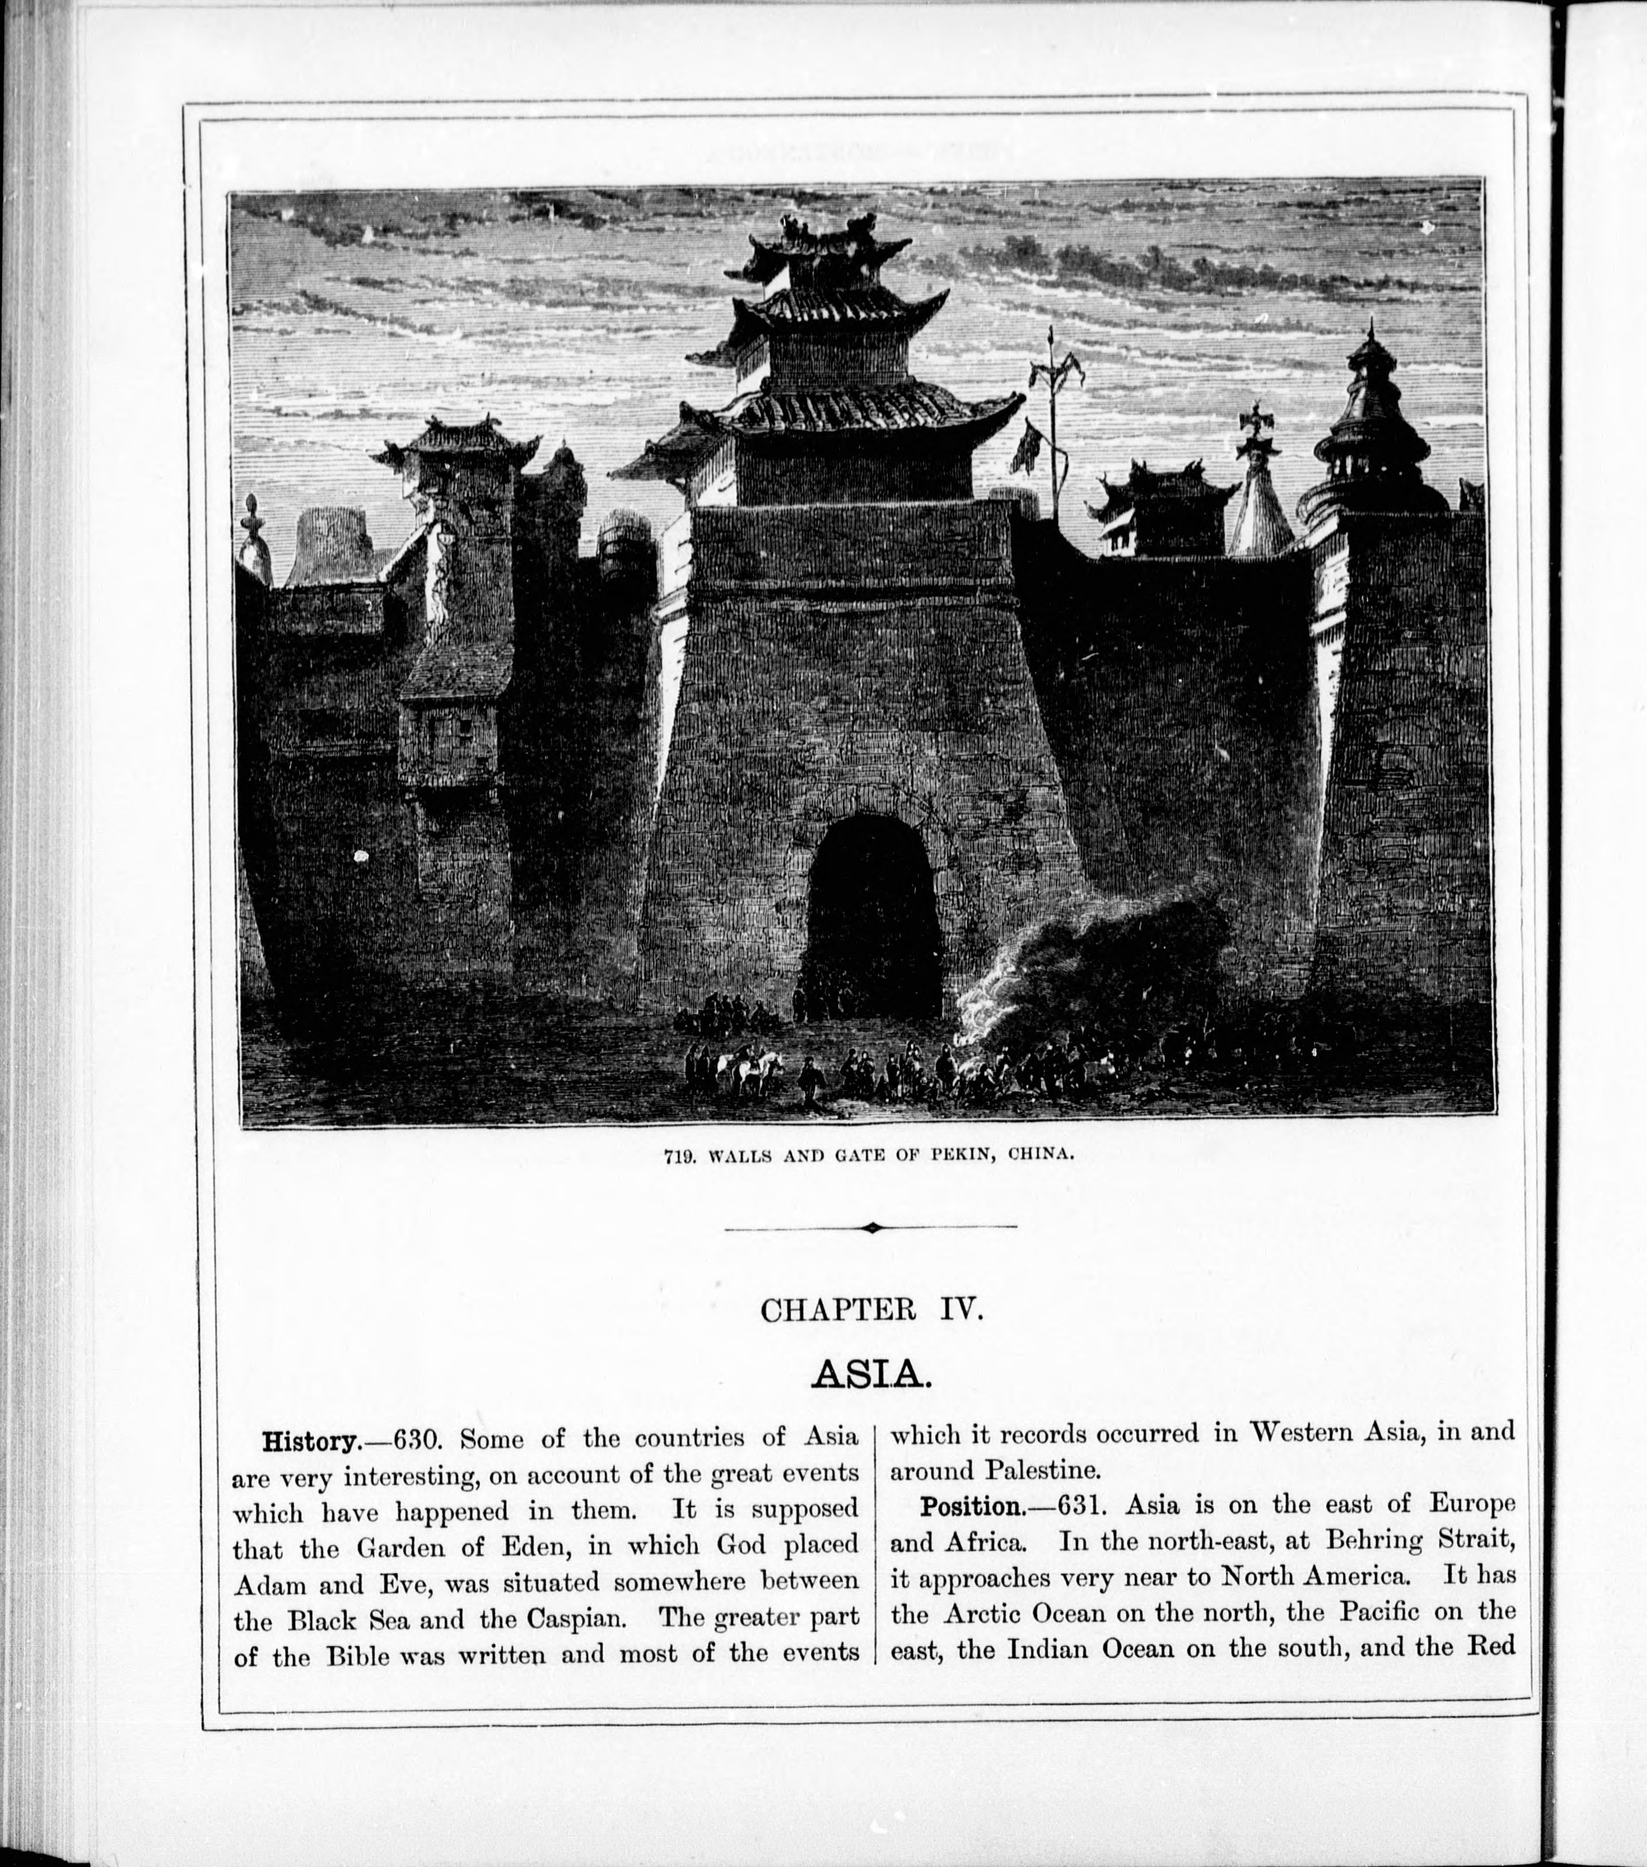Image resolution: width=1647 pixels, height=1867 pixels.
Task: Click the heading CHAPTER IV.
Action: click(x=872, y=1311)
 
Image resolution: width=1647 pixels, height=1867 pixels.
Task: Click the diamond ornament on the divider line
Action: click(x=872, y=1228)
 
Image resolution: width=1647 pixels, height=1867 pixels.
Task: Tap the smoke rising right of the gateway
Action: click(x=1096, y=968)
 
